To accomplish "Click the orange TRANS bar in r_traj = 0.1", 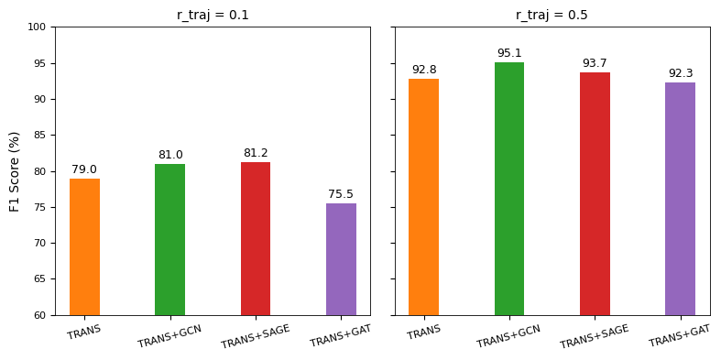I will (x=84, y=246).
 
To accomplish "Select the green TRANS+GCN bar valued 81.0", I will (x=169, y=239).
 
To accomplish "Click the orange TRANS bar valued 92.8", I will (x=423, y=197).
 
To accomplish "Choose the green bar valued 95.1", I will (x=509, y=189).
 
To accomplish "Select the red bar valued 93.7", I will (x=595, y=193).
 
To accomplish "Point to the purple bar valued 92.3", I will (x=680, y=199).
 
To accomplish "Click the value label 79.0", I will (x=84, y=169).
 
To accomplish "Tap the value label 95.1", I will (x=509, y=53).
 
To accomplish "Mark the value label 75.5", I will (x=341, y=194).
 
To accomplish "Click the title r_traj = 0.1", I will (x=213, y=15).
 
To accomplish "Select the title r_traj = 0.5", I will (x=552, y=15).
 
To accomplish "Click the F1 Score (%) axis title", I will (x=15, y=171).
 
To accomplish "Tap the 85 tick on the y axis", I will (x=39, y=136).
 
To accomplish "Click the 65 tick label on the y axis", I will (x=39, y=279).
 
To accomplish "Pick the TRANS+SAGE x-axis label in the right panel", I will (x=595, y=336).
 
